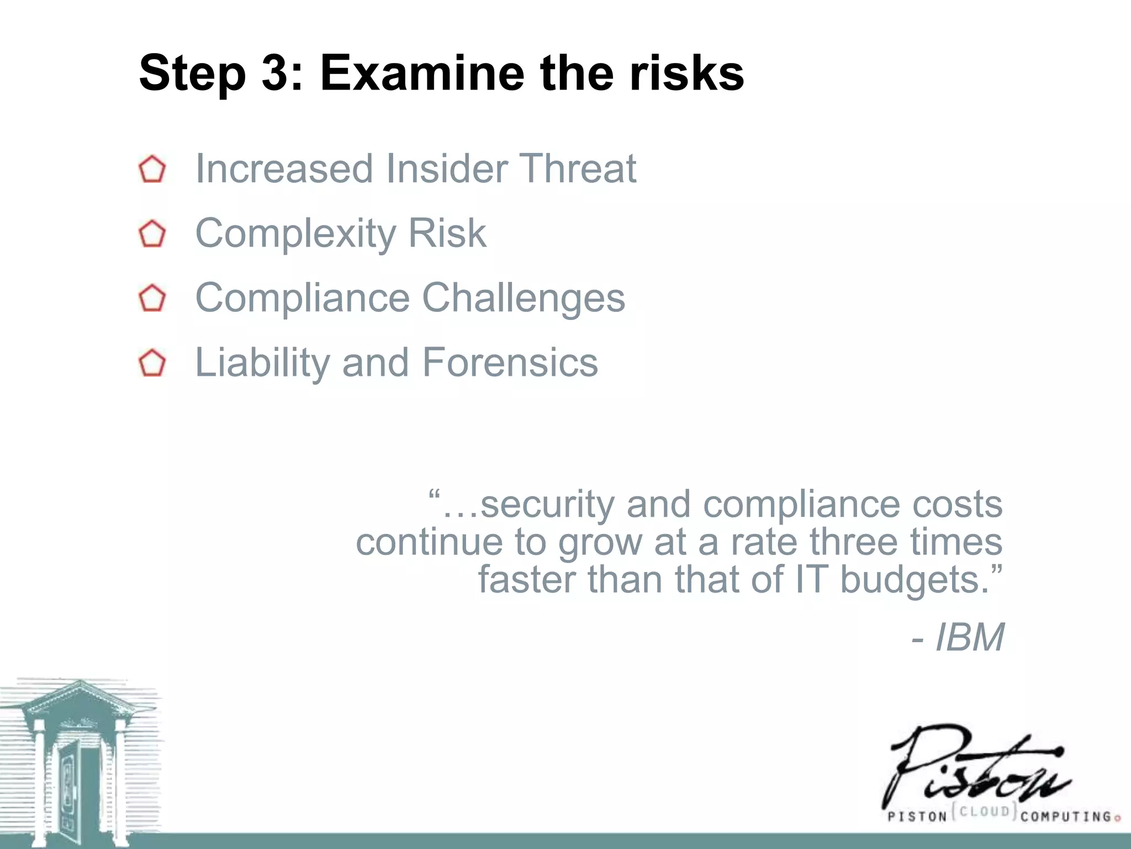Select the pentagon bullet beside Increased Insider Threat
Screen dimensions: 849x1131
pyautogui.click(x=152, y=170)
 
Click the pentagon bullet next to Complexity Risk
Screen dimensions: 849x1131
pyautogui.click(x=152, y=234)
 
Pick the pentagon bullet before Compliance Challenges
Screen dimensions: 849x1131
pyautogui.click(x=152, y=299)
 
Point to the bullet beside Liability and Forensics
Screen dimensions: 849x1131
pyautogui.click(x=152, y=364)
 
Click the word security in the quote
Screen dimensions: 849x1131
pyautogui.click(x=547, y=504)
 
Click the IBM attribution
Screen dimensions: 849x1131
pyautogui.click(x=969, y=637)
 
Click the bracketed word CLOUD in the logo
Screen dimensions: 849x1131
pyautogui.click(x=985, y=811)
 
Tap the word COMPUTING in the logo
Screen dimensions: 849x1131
pyautogui.click(x=1066, y=816)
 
